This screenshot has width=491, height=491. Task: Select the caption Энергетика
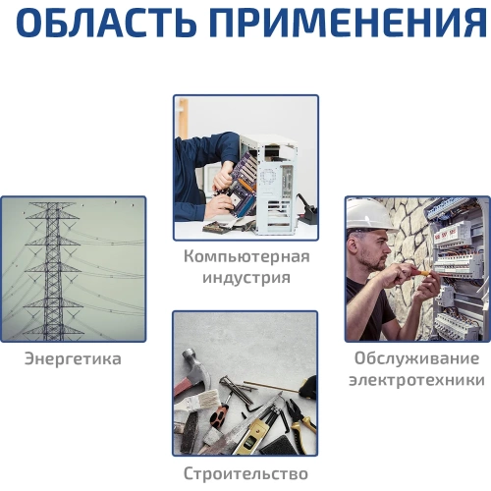pos(73,358)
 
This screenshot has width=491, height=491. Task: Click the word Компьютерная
pos(245,257)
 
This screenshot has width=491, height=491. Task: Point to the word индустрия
pos(245,278)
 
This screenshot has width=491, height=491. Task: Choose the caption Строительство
pos(245,473)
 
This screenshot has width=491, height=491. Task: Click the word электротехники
pos(416,379)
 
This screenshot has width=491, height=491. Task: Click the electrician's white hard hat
pos(369,213)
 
